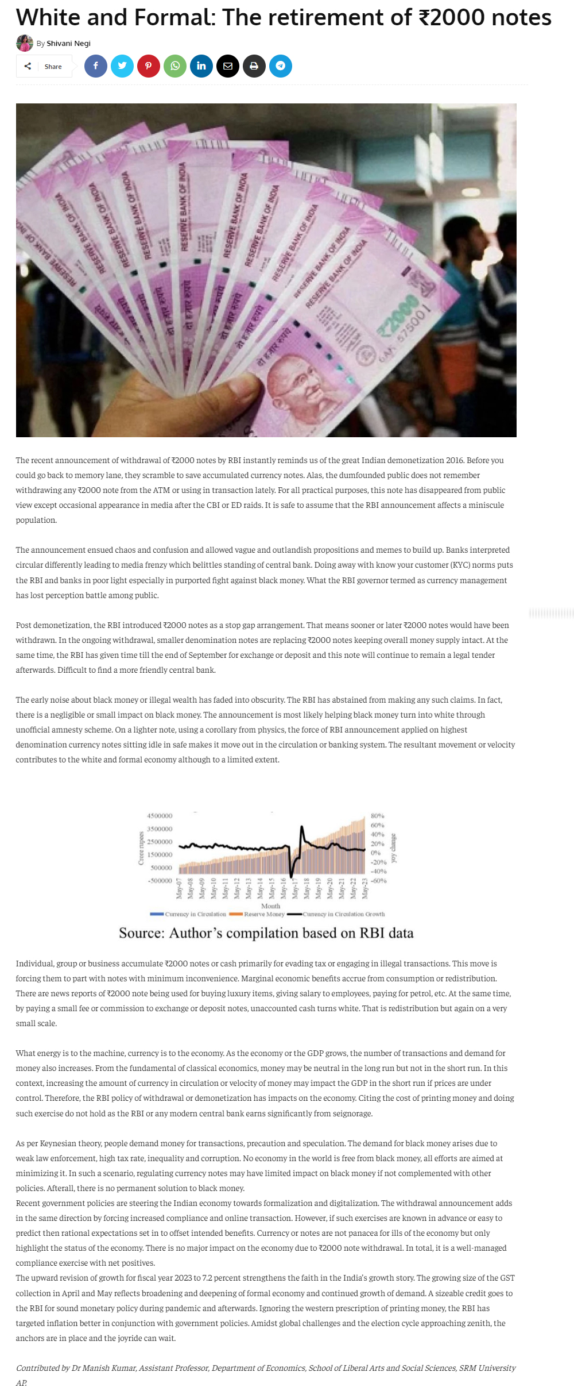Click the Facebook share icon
point(96,66)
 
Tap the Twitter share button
point(122,66)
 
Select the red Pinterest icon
point(149,66)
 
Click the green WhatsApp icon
point(175,66)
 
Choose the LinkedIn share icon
point(201,66)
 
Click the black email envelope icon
point(228,66)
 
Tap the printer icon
point(254,66)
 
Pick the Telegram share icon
point(281,66)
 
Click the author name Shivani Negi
point(68,44)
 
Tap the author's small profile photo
point(24,43)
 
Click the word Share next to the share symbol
point(53,67)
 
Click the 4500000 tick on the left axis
point(160,816)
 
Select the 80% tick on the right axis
point(377,816)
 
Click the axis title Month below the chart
point(270,906)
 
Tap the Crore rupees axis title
point(141,848)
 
